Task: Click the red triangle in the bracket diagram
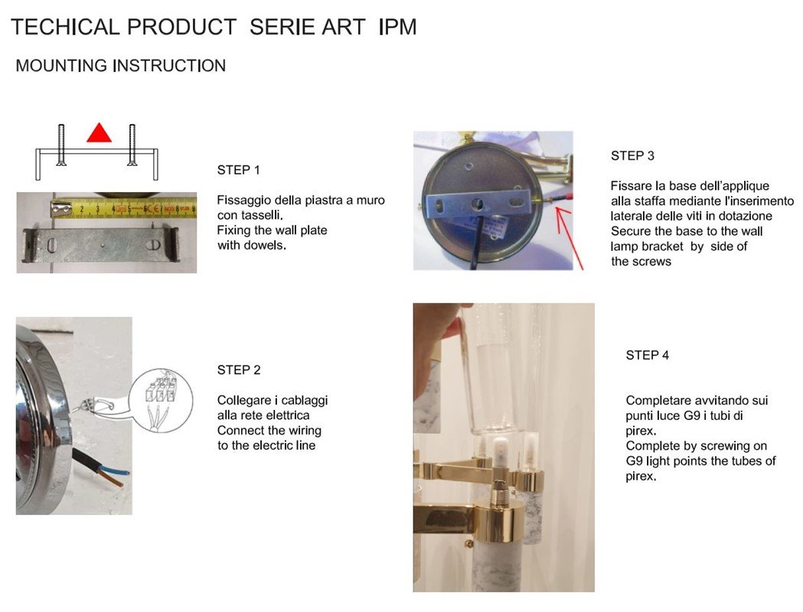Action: [99, 132]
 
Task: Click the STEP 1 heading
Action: [238, 171]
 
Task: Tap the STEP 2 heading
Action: [239, 370]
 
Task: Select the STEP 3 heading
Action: [632, 156]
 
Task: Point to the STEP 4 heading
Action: [648, 355]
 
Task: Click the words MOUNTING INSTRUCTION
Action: [121, 66]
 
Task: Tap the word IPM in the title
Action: [397, 27]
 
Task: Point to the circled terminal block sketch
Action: [160, 400]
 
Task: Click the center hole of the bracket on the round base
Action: [478, 203]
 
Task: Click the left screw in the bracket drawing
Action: [61, 145]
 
